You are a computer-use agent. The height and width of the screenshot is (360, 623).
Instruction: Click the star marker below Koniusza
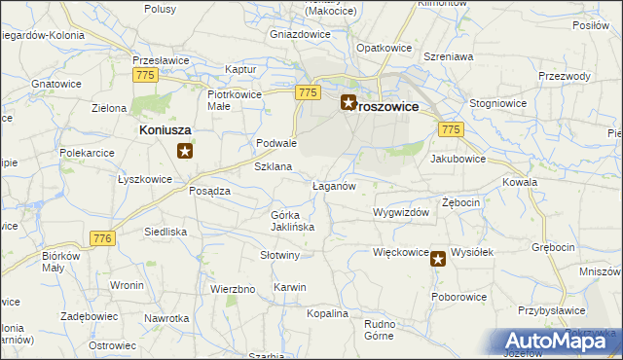click(x=184, y=151)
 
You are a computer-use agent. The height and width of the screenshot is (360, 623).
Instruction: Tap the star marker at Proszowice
click(x=348, y=101)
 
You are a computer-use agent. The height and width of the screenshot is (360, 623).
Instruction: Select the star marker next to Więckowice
click(x=438, y=258)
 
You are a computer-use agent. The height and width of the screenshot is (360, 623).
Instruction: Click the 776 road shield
click(x=102, y=238)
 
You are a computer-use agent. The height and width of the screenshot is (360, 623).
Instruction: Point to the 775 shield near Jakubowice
click(x=450, y=129)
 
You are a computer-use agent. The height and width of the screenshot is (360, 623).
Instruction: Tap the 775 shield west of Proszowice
click(x=308, y=92)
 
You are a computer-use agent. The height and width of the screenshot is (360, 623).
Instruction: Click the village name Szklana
click(x=273, y=166)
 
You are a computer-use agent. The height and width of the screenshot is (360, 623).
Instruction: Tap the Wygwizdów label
click(x=400, y=211)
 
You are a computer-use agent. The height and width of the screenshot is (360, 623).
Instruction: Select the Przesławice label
click(x=159, y=59)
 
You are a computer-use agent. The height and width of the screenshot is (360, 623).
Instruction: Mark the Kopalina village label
click(x=326, y=313)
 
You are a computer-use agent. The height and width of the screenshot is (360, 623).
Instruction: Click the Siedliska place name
click(x=165, y=232)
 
